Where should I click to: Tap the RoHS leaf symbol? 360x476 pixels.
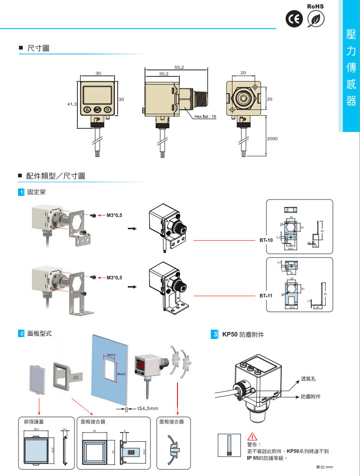click(x=316, y=19)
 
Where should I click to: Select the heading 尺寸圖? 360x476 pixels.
click(x=38, y=48)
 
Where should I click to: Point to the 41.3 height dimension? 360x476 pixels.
click(x=72, y=104)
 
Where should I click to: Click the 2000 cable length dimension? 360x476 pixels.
click(x=272, y=138)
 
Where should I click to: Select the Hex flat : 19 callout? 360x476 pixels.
click(x=205, y=116)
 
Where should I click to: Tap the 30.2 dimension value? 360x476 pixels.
click(x=164, y=73)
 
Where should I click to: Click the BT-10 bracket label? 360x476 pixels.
click(x=265, y=240)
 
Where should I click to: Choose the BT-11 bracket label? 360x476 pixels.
click(x=265, y=295)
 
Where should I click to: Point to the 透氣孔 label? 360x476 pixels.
click(x=308, y=378)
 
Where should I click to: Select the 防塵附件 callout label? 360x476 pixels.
click(x=310, y=397)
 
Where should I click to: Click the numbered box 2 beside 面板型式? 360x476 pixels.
click(x=21, y=333)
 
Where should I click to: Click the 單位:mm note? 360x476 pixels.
click(x=324, y=467)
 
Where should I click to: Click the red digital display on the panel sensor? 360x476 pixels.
click(x=142, y=364)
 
